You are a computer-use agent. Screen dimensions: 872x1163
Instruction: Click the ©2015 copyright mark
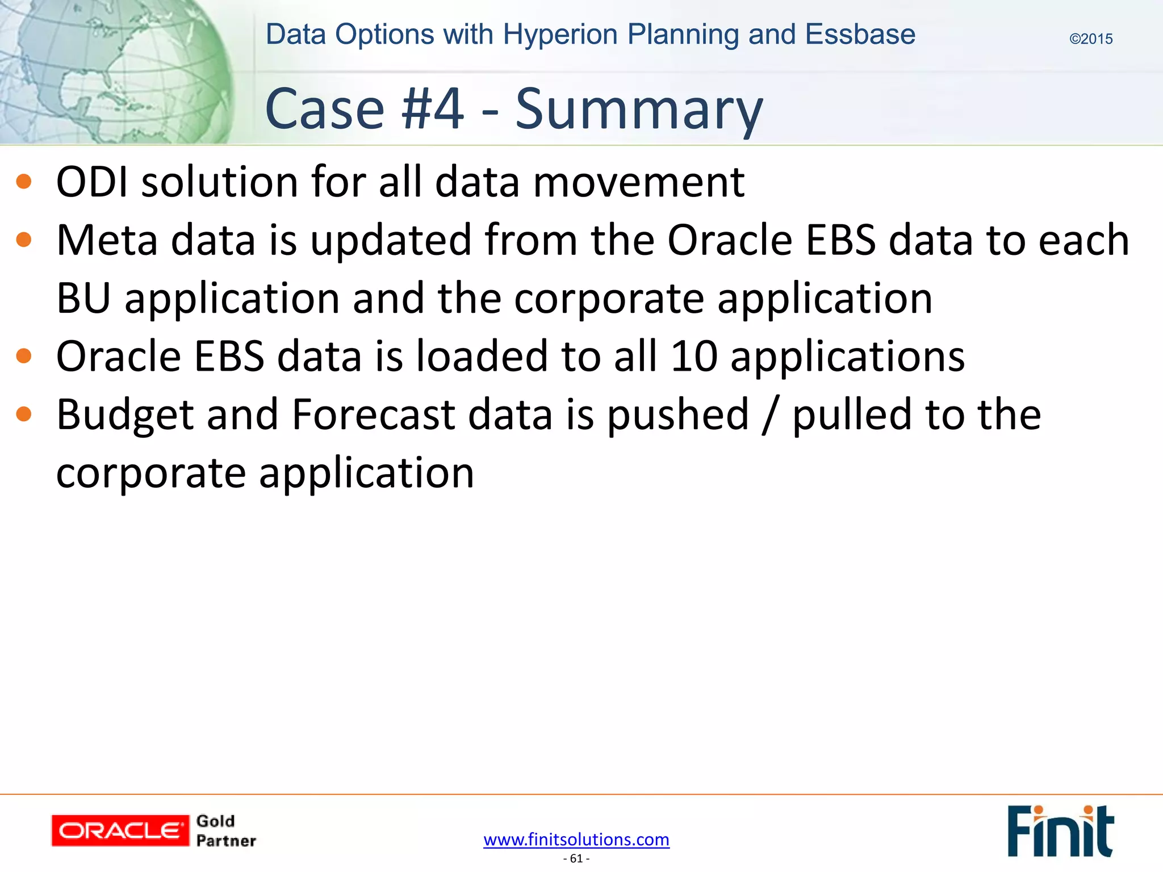point(1090,39)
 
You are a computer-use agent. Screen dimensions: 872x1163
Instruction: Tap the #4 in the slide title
point(432,109)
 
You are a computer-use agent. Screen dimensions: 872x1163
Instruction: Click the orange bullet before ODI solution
point(24,182)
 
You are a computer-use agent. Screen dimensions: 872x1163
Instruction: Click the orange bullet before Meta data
point(24,240)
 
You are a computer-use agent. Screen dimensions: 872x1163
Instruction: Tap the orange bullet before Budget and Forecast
point(24,414)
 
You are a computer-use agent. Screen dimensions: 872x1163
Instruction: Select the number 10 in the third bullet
point(693,357)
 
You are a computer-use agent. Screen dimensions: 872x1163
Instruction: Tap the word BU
point(83,299)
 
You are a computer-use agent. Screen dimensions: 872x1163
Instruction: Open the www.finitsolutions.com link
point(576,839)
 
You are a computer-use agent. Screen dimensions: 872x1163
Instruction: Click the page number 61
point(576,858)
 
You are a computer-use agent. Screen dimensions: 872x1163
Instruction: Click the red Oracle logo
point(120,831)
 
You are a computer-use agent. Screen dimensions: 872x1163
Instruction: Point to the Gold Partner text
point(225,831)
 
